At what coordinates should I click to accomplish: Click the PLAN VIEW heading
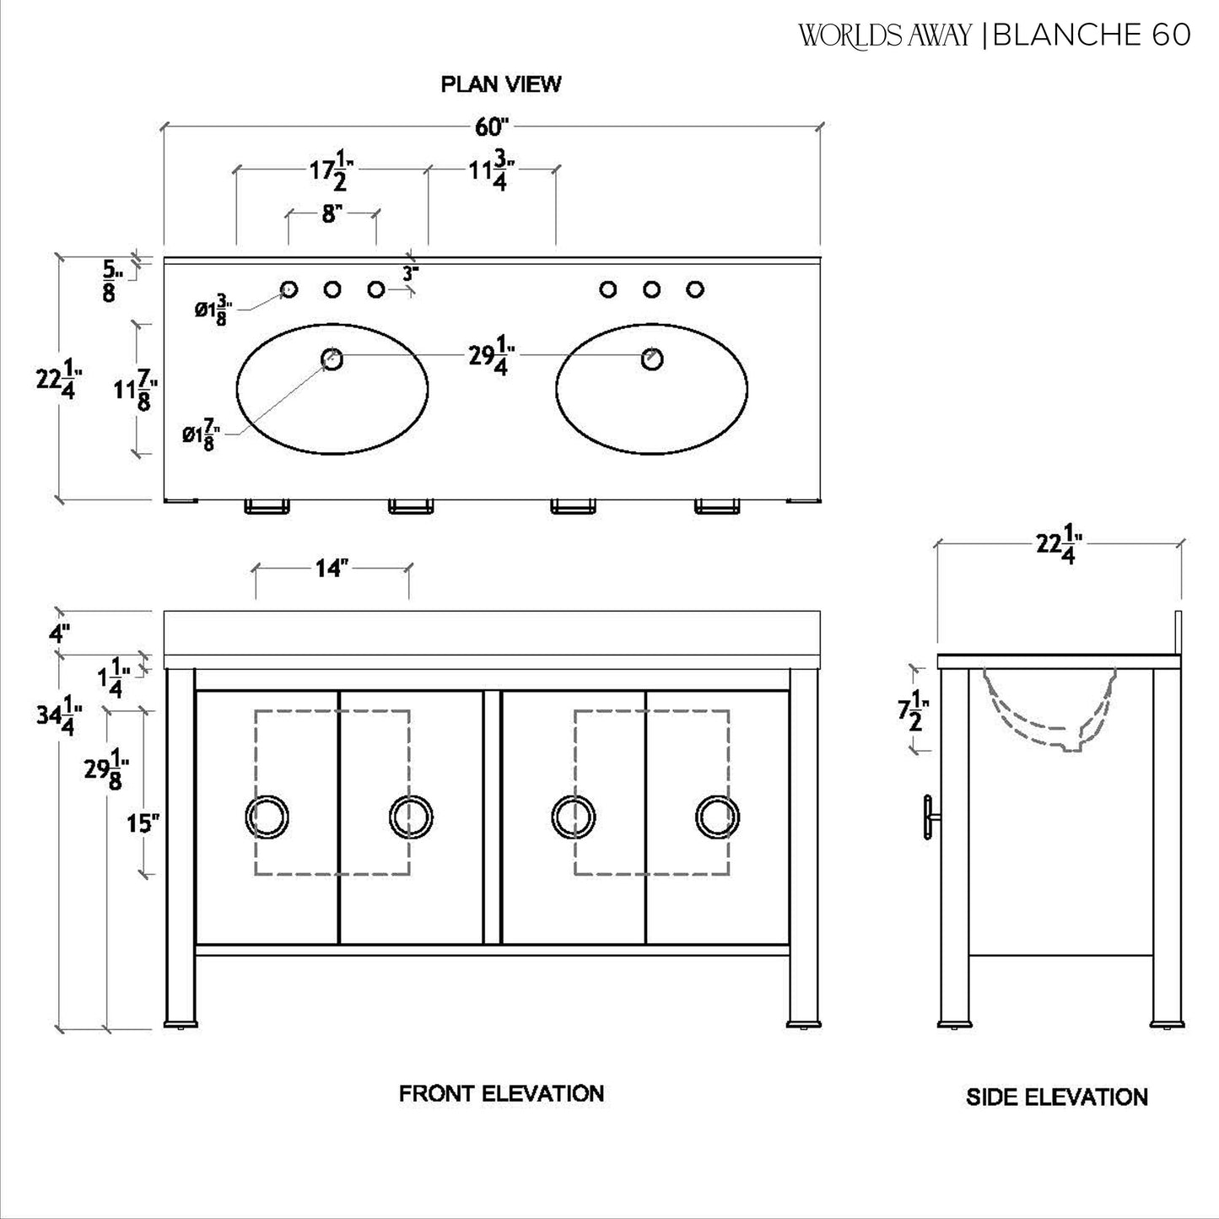(x=500, y=84)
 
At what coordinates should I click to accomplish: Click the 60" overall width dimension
(x=493, y=127)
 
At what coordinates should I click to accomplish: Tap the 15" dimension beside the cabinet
(x=143, y=823)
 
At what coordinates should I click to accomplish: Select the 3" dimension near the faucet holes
(x=410, y=273)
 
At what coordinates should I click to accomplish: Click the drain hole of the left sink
(x=332, y=359)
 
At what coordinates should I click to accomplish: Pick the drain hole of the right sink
(x=651, y=359)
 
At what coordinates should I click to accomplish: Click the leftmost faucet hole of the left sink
(x=289, y=289)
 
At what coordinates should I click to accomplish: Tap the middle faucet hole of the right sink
(x=651, y=289)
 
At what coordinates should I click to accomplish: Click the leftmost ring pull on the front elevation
(x=267, y=817)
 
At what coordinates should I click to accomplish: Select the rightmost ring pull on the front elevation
(x=718, y=817)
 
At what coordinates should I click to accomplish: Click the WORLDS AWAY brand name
(x=885, y=35)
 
